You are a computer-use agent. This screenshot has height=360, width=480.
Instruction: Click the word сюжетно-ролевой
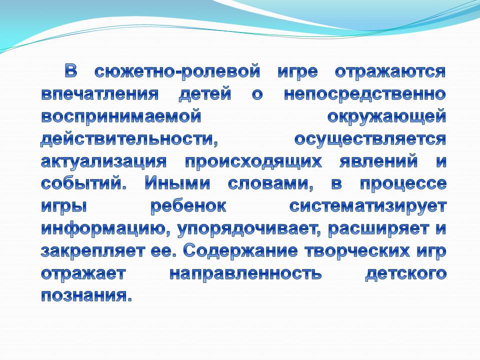pos(177,72)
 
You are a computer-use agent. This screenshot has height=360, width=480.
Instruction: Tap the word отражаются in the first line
pos(390,72)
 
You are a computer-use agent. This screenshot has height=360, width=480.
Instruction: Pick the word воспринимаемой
pos(121,117)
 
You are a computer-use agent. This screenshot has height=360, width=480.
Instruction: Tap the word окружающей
pos(386,117)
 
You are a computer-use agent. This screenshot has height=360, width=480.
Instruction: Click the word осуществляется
pos(370,139)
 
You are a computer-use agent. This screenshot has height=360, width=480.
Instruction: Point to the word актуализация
pos(104,161)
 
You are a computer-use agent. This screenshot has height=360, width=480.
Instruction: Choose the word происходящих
pos(254,161)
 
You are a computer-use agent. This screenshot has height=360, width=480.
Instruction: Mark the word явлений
pos(378,161)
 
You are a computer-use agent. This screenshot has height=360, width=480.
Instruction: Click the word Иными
pos(177,183)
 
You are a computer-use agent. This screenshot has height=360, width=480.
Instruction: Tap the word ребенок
pos(188,206)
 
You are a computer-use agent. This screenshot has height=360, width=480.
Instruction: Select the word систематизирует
pos(367,206)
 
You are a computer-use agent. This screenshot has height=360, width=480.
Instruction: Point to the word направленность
pos(245,273)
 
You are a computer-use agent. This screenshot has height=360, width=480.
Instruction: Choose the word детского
pos(405,273)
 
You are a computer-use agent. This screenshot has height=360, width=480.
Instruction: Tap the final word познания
pos(86,295)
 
